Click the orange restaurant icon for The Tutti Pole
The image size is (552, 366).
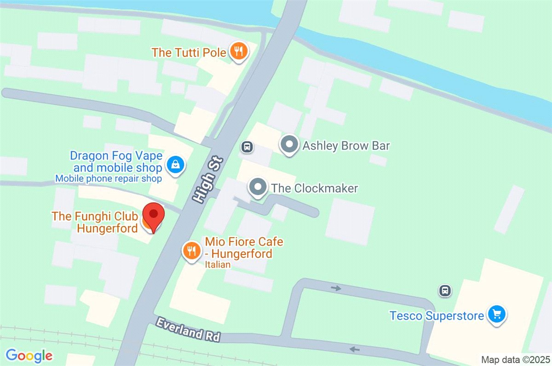coord(238,51)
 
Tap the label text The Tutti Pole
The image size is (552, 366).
coord(189,52)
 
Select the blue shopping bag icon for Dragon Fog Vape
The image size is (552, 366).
coord(175,164)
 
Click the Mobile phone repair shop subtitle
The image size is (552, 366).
coord(109,178)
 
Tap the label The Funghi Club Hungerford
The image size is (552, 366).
coord(95,222)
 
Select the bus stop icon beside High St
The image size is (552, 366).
coord(247,147)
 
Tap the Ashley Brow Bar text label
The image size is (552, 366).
coord(346,146)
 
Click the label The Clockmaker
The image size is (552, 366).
coord(314,188)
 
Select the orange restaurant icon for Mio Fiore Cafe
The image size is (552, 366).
coord(190,251)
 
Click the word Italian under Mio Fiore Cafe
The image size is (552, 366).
coord(218,265)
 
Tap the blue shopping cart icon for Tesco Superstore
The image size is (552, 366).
coord(497,315)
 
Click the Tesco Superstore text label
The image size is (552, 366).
coord(437,316)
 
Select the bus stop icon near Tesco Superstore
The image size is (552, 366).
coord(444,291)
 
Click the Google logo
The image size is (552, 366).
coord(29,355)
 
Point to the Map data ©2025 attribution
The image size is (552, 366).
coord(515,359)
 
